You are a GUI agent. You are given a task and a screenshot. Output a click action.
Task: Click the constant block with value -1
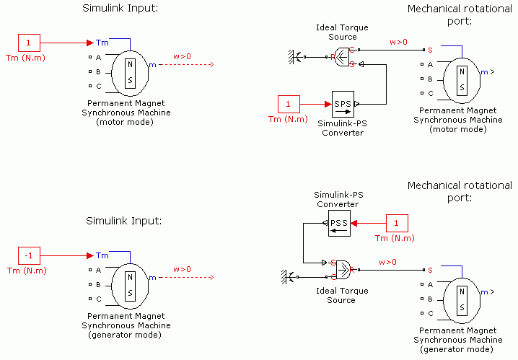click(28, 255)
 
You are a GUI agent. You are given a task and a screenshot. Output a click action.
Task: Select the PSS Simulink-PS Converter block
click(338, 223)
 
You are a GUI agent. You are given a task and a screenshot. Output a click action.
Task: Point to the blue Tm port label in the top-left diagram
click(102, 43)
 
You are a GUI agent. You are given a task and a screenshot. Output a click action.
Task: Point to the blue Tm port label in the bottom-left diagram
click(102, 255)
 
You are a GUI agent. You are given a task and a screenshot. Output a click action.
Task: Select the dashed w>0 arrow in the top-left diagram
click(186, 65)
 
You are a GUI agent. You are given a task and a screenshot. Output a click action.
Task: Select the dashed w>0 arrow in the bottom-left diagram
click(186, 277)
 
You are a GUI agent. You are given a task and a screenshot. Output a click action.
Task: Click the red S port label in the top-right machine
click(430, 50)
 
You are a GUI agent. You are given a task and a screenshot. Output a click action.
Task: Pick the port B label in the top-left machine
click(98, 72)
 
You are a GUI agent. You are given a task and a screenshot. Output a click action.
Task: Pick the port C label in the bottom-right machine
click(430, 313)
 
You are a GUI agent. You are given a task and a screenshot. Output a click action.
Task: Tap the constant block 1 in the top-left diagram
click(28, 43)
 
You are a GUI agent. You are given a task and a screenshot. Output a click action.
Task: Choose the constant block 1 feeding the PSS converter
click(396, 223)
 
